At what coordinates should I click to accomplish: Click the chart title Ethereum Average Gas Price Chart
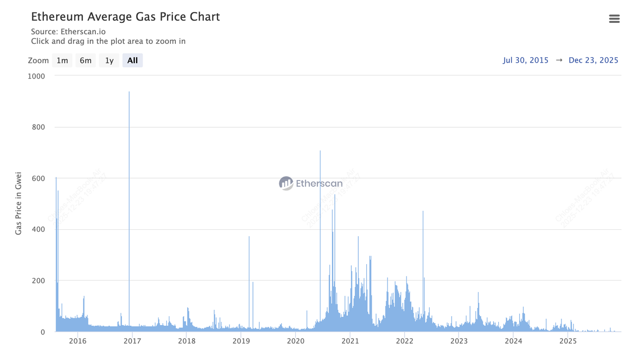click(125, 16)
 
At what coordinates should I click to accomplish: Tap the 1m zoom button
click(62, 60)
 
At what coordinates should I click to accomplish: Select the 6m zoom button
click(85, 60)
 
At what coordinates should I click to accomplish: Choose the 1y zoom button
click(109, 60)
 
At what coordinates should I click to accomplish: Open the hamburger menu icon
click(614, 19)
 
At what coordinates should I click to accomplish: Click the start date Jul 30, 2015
click(526, 60)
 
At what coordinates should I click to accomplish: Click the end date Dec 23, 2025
click(593, 60)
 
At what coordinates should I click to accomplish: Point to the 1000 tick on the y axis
click(36, 76)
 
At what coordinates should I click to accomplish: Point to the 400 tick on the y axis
click(39, 229)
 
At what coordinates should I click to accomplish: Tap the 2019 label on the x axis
click(241, 341)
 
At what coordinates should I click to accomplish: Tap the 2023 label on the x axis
click(459, 341)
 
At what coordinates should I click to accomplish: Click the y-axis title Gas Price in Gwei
click(18, 204)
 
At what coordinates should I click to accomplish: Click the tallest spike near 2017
click(129, 92)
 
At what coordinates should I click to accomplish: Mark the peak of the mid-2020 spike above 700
click(320, 151)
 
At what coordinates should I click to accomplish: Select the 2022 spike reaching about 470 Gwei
click(423, 212)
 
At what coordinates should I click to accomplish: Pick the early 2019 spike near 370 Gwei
click(249, 237)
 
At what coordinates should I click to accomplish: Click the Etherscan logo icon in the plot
click(286, 183)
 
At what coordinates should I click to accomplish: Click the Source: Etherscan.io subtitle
click(68, 32)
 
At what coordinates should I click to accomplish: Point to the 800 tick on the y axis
click(39, 127)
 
